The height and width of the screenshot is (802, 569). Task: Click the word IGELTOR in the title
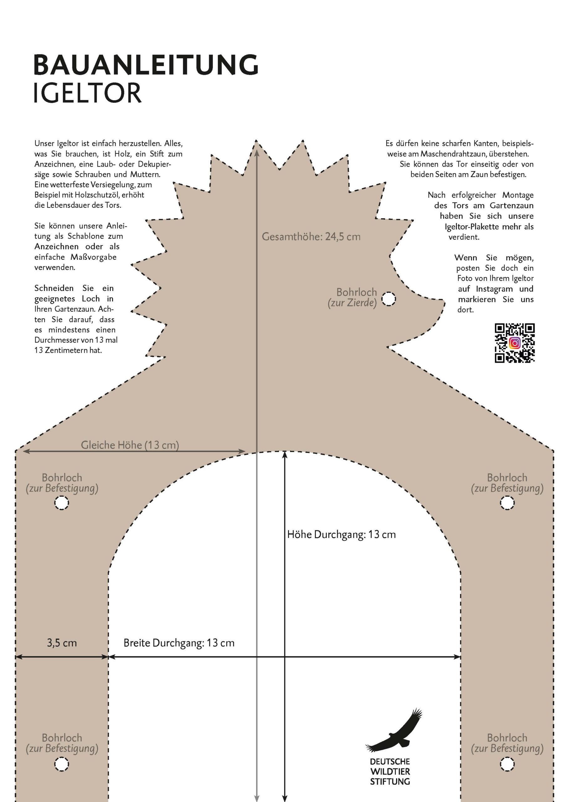tap(87, 93)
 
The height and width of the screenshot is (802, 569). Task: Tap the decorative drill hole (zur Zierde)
tap(389, 299)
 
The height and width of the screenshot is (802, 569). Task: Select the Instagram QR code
tap(514, 343)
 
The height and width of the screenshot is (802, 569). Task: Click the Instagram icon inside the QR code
tap(514, 343)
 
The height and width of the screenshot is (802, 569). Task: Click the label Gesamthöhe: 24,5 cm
tap(311, 237)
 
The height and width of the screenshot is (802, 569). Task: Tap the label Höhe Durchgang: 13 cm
tap(342, 534)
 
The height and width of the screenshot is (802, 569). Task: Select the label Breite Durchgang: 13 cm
tap(179, 643)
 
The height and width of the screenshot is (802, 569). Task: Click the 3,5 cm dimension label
tap(62, 643)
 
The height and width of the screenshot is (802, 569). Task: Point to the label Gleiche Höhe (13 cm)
tap(130, 445)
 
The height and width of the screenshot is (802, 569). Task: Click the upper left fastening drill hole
tap(62, 503)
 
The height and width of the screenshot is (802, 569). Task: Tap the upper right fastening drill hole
tap(507, 503)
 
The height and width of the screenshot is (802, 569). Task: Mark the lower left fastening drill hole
tap(62, 764)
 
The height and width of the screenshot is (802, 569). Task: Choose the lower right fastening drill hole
tap(507, 764)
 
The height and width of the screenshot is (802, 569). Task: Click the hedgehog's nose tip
tap(444, 300)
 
